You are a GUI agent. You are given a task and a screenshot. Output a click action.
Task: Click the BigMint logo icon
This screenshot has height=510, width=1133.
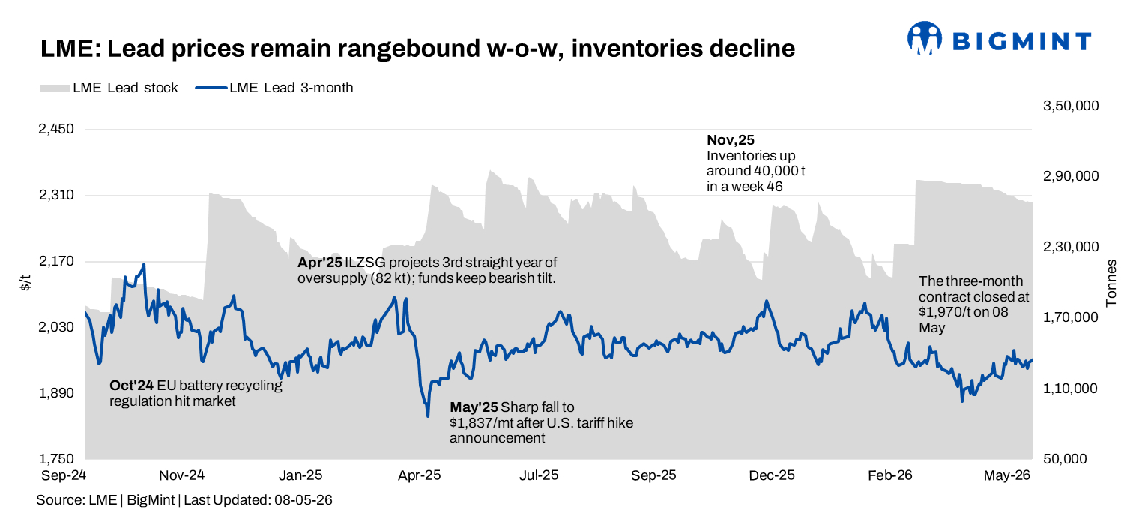925,38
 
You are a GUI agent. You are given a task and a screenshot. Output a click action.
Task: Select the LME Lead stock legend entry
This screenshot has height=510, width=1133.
109,88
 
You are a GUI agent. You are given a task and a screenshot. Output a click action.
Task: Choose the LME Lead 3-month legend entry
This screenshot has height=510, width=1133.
274,88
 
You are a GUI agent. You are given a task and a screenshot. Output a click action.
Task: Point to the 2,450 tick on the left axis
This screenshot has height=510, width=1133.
56,129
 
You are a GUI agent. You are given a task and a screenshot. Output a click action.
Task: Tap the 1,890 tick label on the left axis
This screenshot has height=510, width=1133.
56,393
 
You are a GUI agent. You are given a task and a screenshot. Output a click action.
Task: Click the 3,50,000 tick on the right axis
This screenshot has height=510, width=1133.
1071,106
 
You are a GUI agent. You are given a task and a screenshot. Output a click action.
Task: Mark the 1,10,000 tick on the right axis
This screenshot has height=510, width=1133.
1071,388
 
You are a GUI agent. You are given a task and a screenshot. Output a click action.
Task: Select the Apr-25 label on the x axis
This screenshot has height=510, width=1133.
420,475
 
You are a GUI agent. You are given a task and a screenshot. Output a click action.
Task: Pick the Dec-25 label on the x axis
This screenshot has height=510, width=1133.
772,475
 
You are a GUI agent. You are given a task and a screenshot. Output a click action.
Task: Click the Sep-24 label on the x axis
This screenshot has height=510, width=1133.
64,475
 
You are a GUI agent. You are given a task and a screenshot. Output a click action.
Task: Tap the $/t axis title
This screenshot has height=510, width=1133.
25,283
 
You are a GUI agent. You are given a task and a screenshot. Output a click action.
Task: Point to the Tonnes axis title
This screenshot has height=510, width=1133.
1111,283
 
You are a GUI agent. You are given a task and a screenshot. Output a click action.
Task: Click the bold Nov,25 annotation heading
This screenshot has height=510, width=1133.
731,140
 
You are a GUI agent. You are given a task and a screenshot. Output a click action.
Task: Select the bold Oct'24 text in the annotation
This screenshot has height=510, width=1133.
132,385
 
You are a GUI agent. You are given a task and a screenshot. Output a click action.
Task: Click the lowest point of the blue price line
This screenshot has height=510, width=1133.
428,416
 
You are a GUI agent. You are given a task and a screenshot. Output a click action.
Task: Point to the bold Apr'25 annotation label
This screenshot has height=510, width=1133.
320,262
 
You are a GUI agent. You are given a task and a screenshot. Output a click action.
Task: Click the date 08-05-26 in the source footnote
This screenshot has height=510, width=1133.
303,500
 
